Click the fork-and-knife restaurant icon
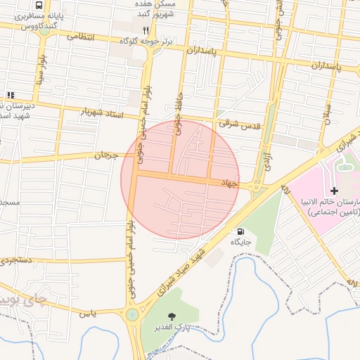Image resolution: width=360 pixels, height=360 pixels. coord(146,30)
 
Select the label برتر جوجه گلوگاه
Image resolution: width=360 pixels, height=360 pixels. coord(146,42)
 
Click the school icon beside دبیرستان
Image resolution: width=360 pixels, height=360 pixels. coord(10,95)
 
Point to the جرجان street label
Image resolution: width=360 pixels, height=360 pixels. coord(103,154)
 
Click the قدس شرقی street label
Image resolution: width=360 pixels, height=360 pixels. coord(239,123)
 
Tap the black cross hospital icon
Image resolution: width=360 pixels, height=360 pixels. coord(334,191)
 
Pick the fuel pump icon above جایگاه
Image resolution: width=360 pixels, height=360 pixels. coord(241,231)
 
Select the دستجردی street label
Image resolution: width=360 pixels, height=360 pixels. coord(18,260)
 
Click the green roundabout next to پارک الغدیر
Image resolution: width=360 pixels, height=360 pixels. coord(132,314)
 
